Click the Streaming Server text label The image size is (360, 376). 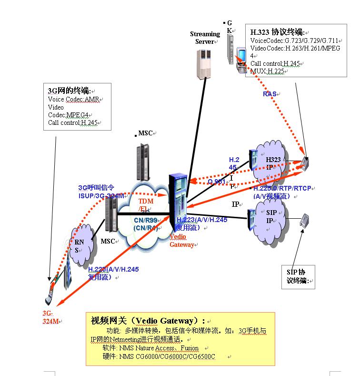click(205, 38)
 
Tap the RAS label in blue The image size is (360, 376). click(270, 94)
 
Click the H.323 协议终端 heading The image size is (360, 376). click(277, 32)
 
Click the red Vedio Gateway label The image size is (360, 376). click(181, 240)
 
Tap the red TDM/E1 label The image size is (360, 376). click(146, 205)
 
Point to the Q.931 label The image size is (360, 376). click(217, 182)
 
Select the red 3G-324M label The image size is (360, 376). click(50, 317)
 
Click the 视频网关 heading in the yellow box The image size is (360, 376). click(148, 321)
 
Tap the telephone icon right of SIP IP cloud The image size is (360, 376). click(305, 220)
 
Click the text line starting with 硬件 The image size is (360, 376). click(159, 356)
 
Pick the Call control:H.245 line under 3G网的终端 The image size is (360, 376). click(72, 122)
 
